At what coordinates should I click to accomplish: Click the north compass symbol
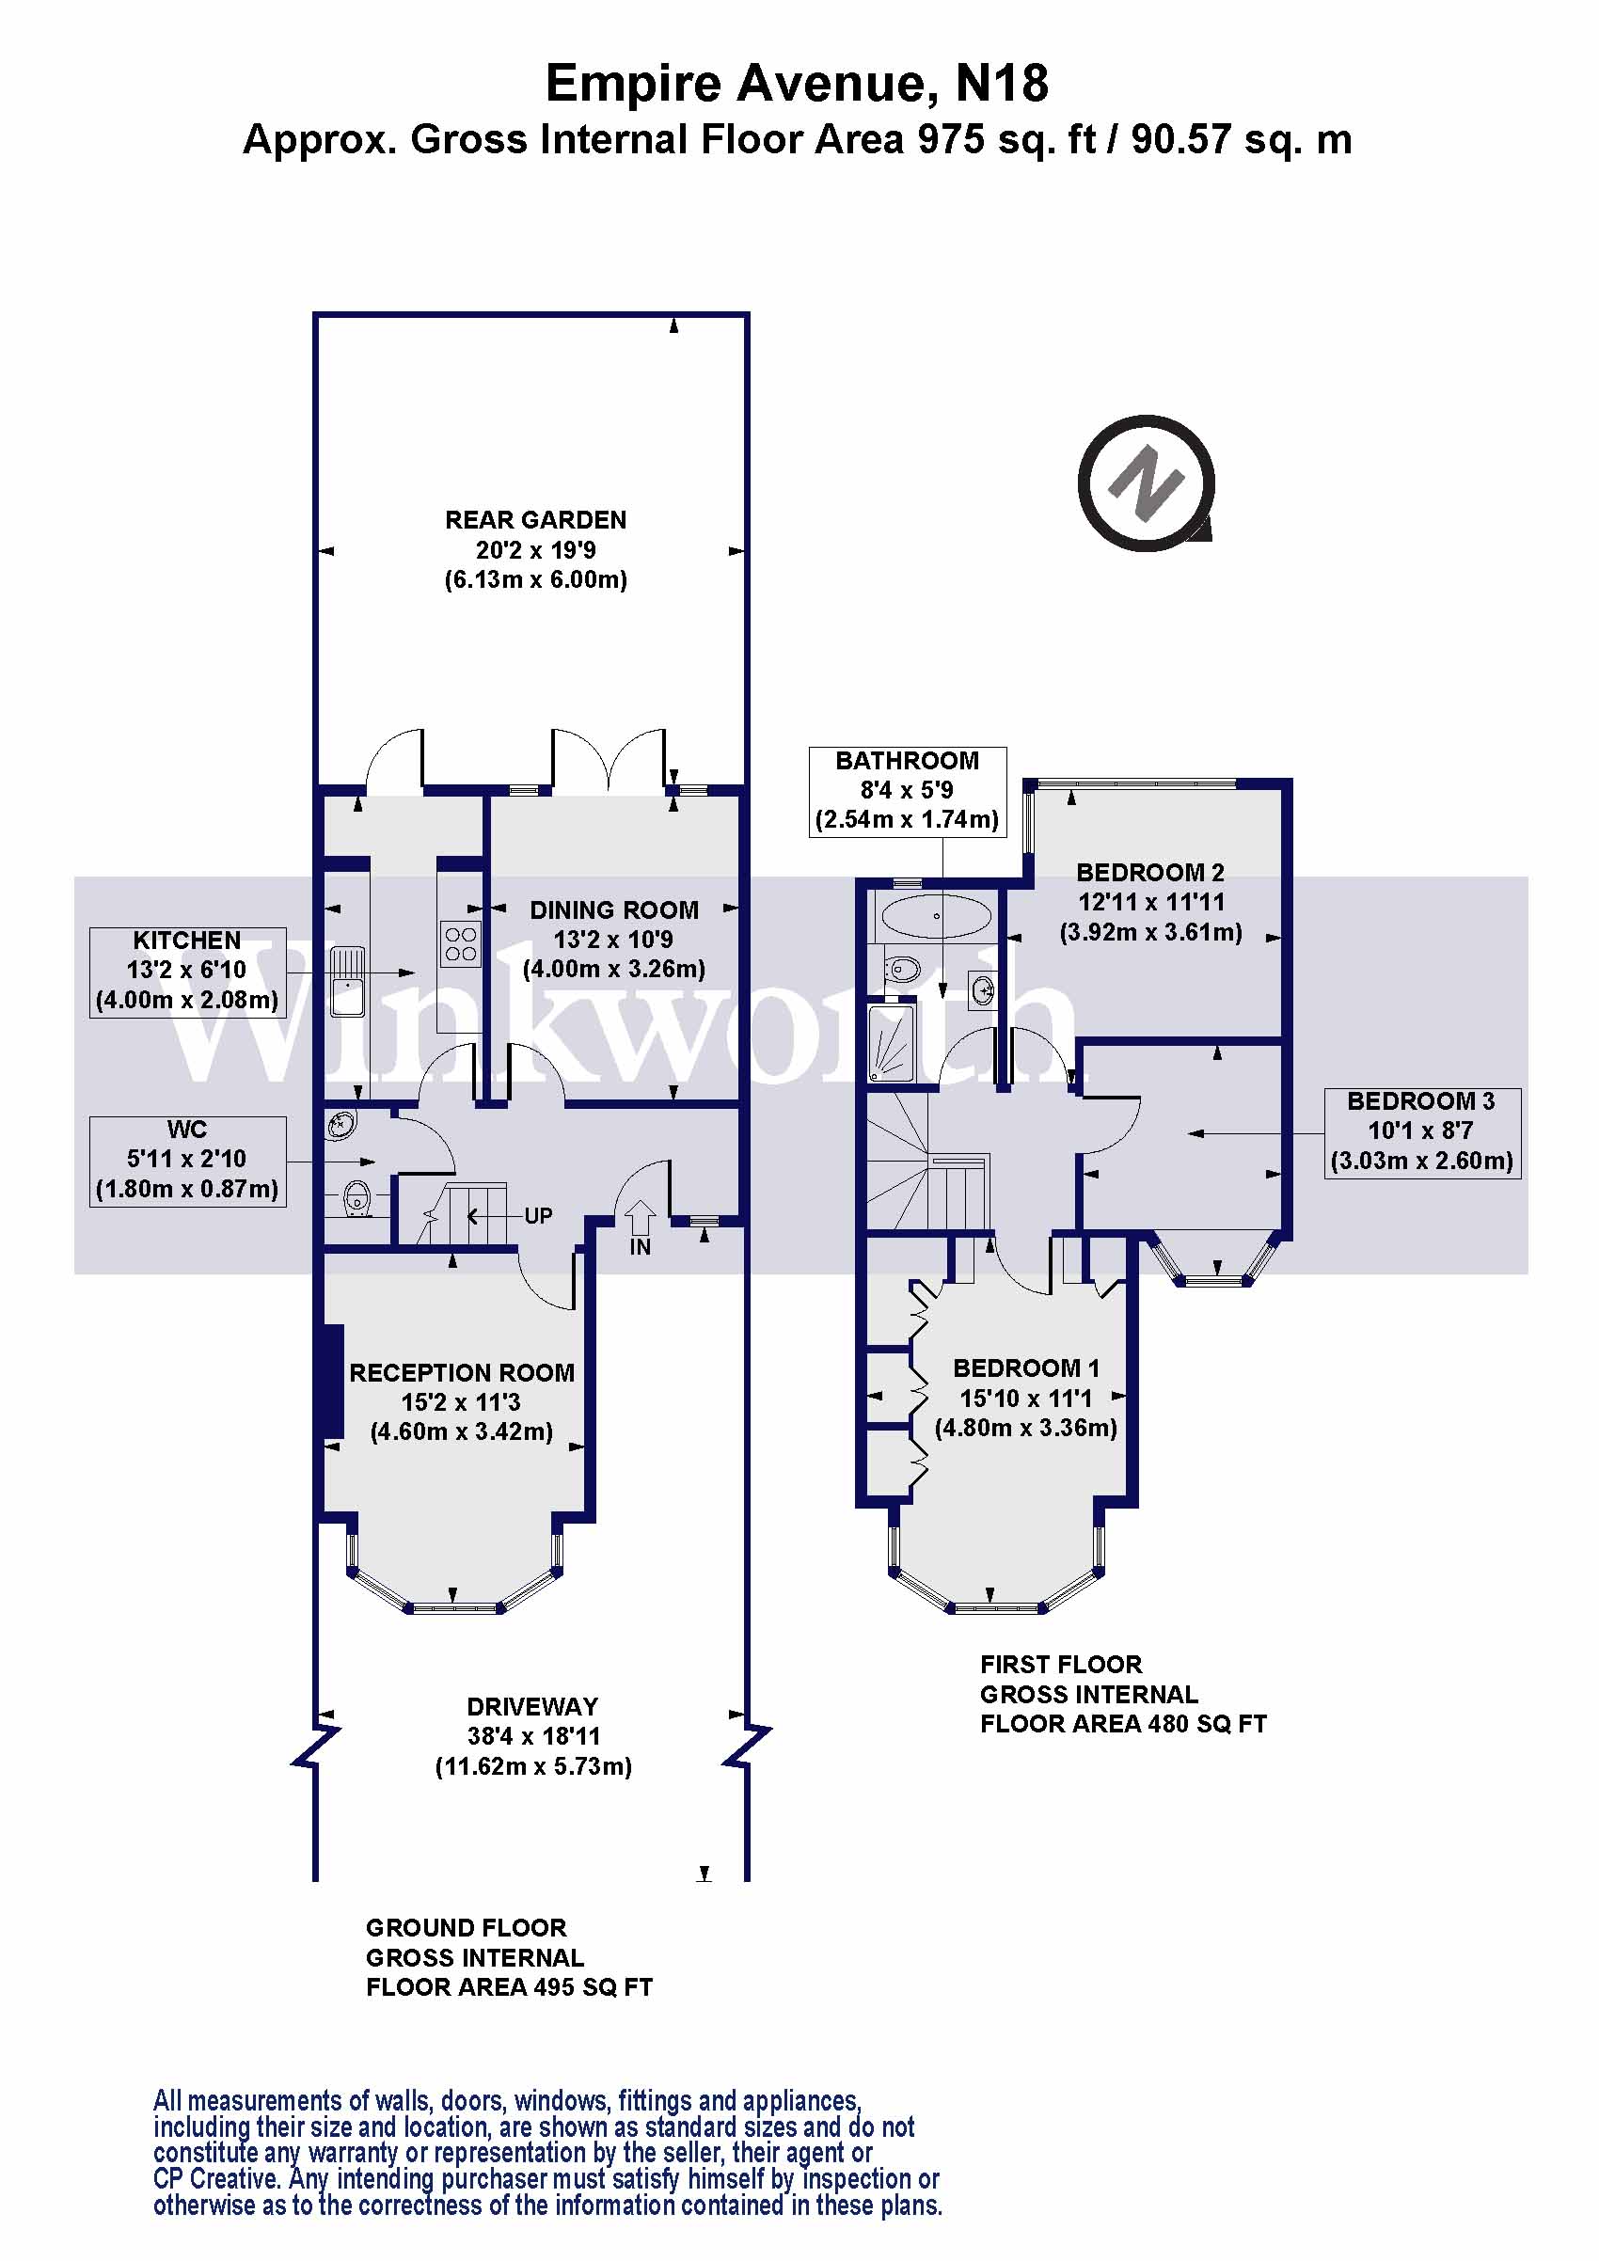(x=1145, y=482)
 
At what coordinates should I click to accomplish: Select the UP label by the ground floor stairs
(x=538, y=1215)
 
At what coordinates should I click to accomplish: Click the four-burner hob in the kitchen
(x=460, y=942)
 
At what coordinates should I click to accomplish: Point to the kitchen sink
(x=345, y=980)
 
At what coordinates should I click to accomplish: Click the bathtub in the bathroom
(x=935, y=916)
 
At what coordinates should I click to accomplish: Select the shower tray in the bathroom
(x=891, y=1042)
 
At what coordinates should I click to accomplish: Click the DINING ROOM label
(x=613, y=909)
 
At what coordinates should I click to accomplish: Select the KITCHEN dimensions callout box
(x=187, y=971)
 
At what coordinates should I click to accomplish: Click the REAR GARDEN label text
(x=534, y=520)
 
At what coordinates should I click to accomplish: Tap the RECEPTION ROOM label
(x=461, y=1373)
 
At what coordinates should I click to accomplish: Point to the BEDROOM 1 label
(x=1025, y=1368)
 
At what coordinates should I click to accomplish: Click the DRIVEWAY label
(x=531, y=1707)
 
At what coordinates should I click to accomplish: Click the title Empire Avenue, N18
(x=797, y=83)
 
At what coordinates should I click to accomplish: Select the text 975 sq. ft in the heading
(x=1005, y=140)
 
